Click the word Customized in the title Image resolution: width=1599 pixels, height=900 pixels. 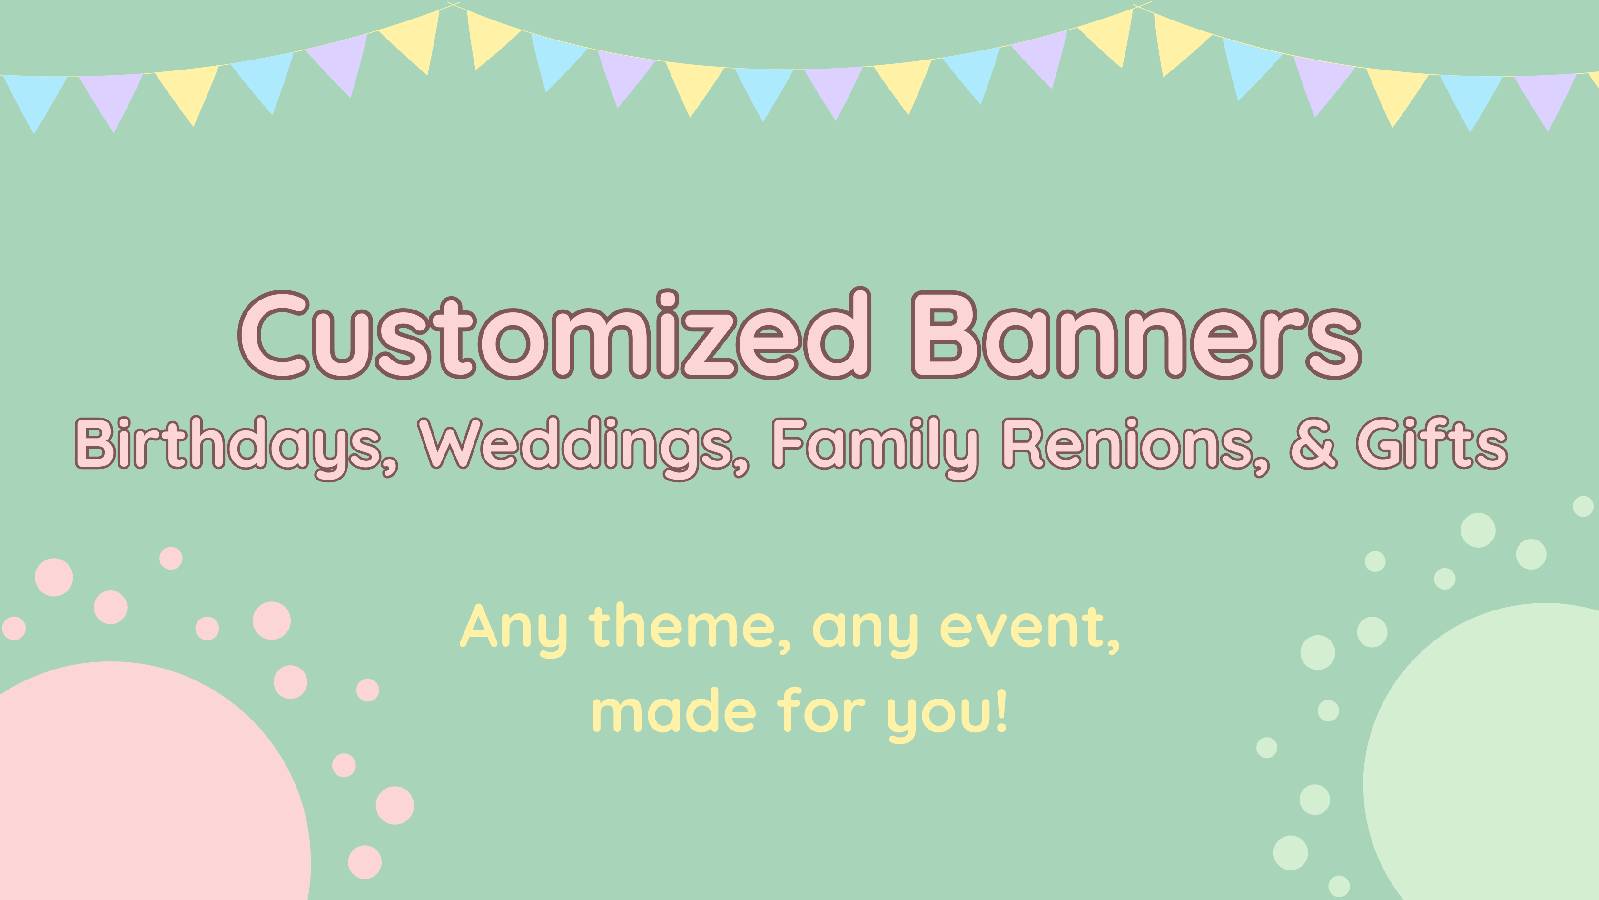tap(554, 334)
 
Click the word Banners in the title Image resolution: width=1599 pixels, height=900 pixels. tap(1136, 335)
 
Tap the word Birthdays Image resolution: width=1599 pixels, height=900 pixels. tap(237, 447)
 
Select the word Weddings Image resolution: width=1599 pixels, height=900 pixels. tap(583, 447)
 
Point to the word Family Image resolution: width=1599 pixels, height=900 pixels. tap(875, 447)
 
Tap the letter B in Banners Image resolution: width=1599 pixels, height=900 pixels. tap(946, 334)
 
